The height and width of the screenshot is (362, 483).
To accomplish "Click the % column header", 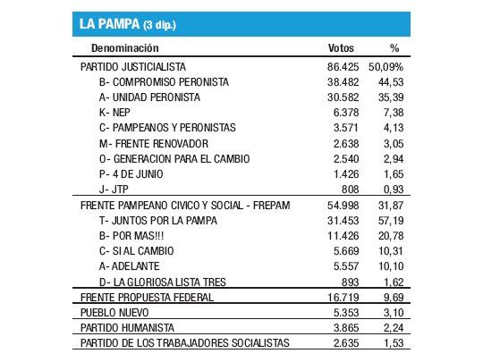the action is tap(394, 47).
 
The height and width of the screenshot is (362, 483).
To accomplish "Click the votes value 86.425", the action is tap(343, 66).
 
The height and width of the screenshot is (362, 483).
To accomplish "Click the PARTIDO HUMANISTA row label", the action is tap(126, 328).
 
